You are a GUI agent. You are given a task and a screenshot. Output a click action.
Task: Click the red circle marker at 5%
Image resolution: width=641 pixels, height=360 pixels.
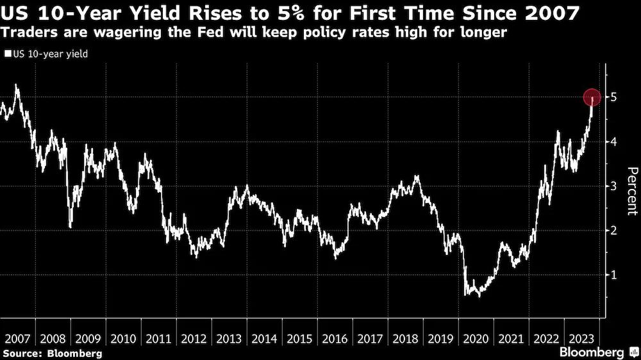coord(592,97)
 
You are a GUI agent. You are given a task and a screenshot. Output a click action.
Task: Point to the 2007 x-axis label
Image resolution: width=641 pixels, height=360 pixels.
coord(17,339)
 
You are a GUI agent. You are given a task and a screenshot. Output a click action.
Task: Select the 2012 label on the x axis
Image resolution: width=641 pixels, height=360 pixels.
coord(194,339)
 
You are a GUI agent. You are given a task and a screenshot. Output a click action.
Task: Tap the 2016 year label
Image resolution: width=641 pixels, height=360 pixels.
coord(335,339)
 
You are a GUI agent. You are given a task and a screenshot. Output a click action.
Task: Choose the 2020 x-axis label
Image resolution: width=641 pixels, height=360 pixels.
coord(476,339)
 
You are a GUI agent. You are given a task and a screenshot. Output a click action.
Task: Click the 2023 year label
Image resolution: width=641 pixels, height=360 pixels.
coord(581,339)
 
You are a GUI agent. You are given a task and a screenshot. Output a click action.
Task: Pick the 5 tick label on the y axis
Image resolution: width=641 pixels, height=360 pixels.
coord(613,97)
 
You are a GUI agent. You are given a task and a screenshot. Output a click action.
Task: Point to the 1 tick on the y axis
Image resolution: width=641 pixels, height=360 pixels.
coord(613,275)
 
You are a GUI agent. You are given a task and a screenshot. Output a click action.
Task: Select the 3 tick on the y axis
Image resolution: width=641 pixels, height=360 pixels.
coord(613,186)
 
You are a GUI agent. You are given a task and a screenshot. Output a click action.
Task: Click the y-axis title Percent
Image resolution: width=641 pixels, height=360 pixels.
coord(631,191)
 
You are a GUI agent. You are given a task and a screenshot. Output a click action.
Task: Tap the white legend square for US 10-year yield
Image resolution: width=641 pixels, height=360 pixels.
coord(8,54)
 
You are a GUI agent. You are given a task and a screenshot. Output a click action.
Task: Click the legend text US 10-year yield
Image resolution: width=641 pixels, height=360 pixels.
coord(50,54)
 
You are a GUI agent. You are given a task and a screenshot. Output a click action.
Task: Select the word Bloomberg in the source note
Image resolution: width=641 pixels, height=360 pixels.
coord(74,354)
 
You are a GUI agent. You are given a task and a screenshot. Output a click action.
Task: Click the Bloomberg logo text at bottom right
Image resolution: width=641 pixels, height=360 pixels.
coord(592,352)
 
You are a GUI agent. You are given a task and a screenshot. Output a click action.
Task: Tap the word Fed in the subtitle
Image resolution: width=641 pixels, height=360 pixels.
coord(210,32)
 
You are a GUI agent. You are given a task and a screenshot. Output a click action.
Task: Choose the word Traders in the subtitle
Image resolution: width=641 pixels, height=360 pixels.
coord(29,32)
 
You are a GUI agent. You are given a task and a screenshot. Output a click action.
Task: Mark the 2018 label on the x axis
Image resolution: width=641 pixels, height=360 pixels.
coord(405,339)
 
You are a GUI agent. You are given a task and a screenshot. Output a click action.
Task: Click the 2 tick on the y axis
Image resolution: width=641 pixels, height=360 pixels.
coord(613,230)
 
